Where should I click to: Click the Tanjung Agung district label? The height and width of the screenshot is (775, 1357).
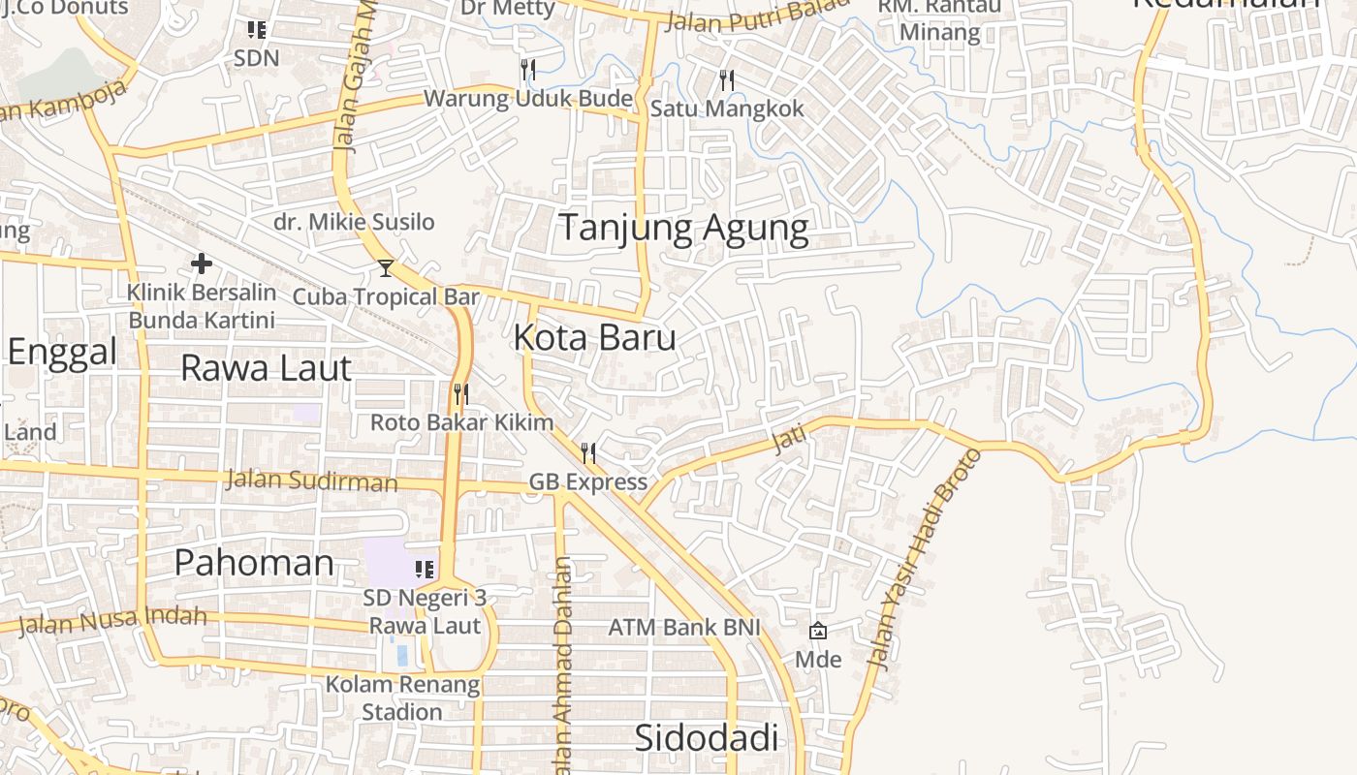tap(683, 229)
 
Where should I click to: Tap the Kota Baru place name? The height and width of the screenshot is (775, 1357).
tap(594, 338)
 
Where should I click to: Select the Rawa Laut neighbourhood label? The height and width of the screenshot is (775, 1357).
tap(266, 369)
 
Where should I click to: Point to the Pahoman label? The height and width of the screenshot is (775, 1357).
tap(254, 563)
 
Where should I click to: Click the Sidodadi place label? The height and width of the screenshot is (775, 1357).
tap(706, 738)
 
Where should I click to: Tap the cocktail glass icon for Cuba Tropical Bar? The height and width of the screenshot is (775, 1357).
tap(386, 268)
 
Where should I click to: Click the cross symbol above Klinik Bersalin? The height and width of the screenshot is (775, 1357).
tap(202, 263)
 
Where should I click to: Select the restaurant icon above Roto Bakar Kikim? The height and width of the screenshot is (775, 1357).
tap(461, 394)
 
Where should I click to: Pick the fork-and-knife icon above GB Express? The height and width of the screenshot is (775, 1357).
tap(587, 452)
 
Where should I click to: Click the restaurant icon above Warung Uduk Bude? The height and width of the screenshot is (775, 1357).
tap(528, 69)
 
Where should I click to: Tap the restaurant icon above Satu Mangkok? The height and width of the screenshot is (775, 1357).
tap(727, 79)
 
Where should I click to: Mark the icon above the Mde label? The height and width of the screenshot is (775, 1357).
tap(818, 631)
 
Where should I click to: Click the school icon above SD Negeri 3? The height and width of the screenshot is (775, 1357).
tap(424, 569)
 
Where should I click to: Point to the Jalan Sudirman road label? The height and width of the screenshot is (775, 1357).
tap(311, 480)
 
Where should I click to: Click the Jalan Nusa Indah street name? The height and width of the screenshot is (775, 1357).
tap(112, 620)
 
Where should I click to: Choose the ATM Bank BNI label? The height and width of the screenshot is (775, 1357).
tap(683, 628)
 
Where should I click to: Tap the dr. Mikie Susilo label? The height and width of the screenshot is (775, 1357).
tap(354, 222)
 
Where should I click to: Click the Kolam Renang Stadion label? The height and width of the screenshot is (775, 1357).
tap(402, 698)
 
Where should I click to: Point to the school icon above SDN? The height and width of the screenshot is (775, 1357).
tap(257, 30)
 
